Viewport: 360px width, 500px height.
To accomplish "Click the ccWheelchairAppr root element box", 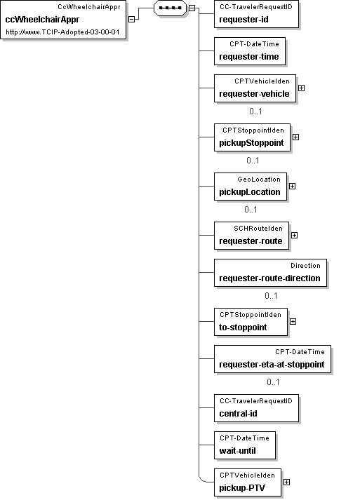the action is tap(63, 20).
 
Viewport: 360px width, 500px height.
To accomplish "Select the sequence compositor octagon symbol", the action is tap(170, 8).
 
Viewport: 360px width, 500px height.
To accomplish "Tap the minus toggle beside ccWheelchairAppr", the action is tap(131, 19).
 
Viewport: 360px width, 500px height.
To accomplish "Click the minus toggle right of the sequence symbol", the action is tap(192, 8).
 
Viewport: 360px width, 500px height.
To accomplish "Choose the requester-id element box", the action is tap(256, 14).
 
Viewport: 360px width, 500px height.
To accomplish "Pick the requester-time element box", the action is tap(250, 51).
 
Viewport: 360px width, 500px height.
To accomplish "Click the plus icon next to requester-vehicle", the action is tap(301, 88).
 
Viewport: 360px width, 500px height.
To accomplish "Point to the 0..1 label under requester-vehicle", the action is tap(255, 112).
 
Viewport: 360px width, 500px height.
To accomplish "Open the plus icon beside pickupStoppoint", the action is tap(296, 137).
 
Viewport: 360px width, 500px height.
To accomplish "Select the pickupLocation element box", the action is tap(251, 187).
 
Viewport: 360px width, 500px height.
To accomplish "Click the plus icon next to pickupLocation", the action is tap(292, 187).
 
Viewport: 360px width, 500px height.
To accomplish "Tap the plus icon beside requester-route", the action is tap(294, 236).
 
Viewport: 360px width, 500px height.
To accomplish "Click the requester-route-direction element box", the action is tap(270, 273).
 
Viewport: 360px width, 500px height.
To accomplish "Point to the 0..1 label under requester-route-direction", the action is tap(271, 296).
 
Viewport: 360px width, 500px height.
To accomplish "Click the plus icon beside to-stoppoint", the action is tap(293, 321).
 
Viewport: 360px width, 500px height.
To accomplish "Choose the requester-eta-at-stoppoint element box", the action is tap(272, 359).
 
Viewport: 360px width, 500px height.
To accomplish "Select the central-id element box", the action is tap(256, 408).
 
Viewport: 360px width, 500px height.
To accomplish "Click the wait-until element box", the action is tap(245, 445).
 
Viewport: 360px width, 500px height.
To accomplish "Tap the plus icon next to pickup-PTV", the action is tap(286, 482).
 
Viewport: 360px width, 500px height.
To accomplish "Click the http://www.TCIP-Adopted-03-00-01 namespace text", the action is tap(62, 32).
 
